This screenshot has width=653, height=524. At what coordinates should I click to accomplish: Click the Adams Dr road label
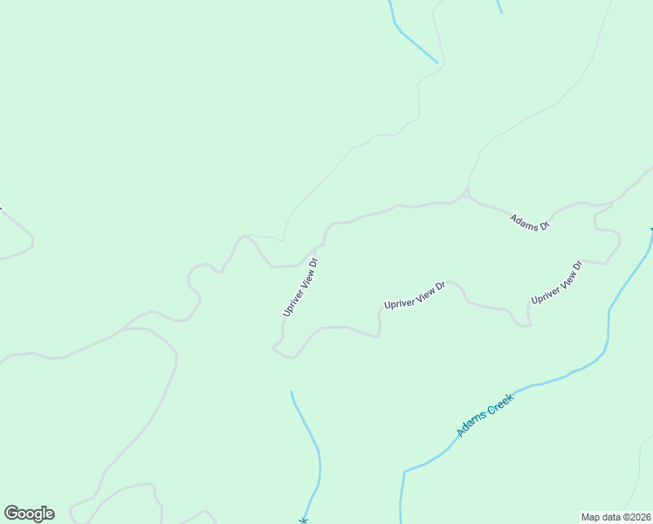click(530, 222)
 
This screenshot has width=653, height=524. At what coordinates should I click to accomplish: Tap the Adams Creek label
click(485, 416)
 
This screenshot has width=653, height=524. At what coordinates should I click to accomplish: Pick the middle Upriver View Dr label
click(415, 295)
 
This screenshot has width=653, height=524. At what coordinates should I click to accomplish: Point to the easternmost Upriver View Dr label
click(556, 283)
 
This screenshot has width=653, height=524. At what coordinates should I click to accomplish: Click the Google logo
click(29, 514)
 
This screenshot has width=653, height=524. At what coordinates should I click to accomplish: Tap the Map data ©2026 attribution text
click(616, 516)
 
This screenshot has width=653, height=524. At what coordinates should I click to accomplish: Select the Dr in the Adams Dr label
click(544, 226)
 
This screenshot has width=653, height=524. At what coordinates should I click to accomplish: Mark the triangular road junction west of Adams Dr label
click(467, 193)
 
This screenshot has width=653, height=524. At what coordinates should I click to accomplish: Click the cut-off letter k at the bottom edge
click(305, 521)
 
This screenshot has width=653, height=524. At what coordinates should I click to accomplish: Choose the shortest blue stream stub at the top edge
click(499, 7)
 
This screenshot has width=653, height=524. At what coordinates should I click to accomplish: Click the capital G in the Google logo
click(11, 513)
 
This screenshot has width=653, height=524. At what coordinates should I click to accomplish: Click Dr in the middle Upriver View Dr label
click(441, 286)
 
